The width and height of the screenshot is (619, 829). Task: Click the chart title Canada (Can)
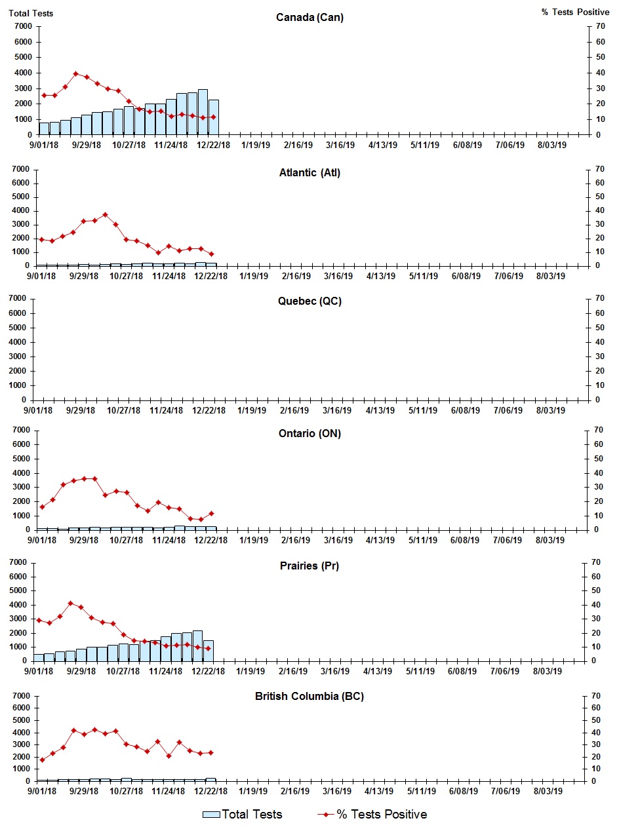tap(309, 18)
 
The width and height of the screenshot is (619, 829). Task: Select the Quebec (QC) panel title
tap(309, 301)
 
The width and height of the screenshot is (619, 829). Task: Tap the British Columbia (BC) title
tap(309, 696)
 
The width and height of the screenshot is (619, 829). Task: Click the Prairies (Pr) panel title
tap(309, 566)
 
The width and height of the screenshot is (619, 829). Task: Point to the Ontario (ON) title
tap(309, 433)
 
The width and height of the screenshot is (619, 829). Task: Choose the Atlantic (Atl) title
tap(309, 173)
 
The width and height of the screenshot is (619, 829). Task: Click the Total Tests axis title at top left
tap(31, 13)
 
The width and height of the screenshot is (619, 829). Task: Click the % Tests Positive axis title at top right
tap(575, 12)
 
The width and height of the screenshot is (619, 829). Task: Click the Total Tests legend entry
tap(243, 815)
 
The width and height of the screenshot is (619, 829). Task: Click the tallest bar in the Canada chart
tap(203, 112)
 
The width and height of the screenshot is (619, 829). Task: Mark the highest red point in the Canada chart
tap(75, 73)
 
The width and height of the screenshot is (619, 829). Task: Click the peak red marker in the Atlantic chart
tap(105, 214)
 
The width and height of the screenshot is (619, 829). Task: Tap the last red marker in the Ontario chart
tap(211, 513)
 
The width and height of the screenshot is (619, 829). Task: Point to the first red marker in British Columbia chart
tap(42, 760)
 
